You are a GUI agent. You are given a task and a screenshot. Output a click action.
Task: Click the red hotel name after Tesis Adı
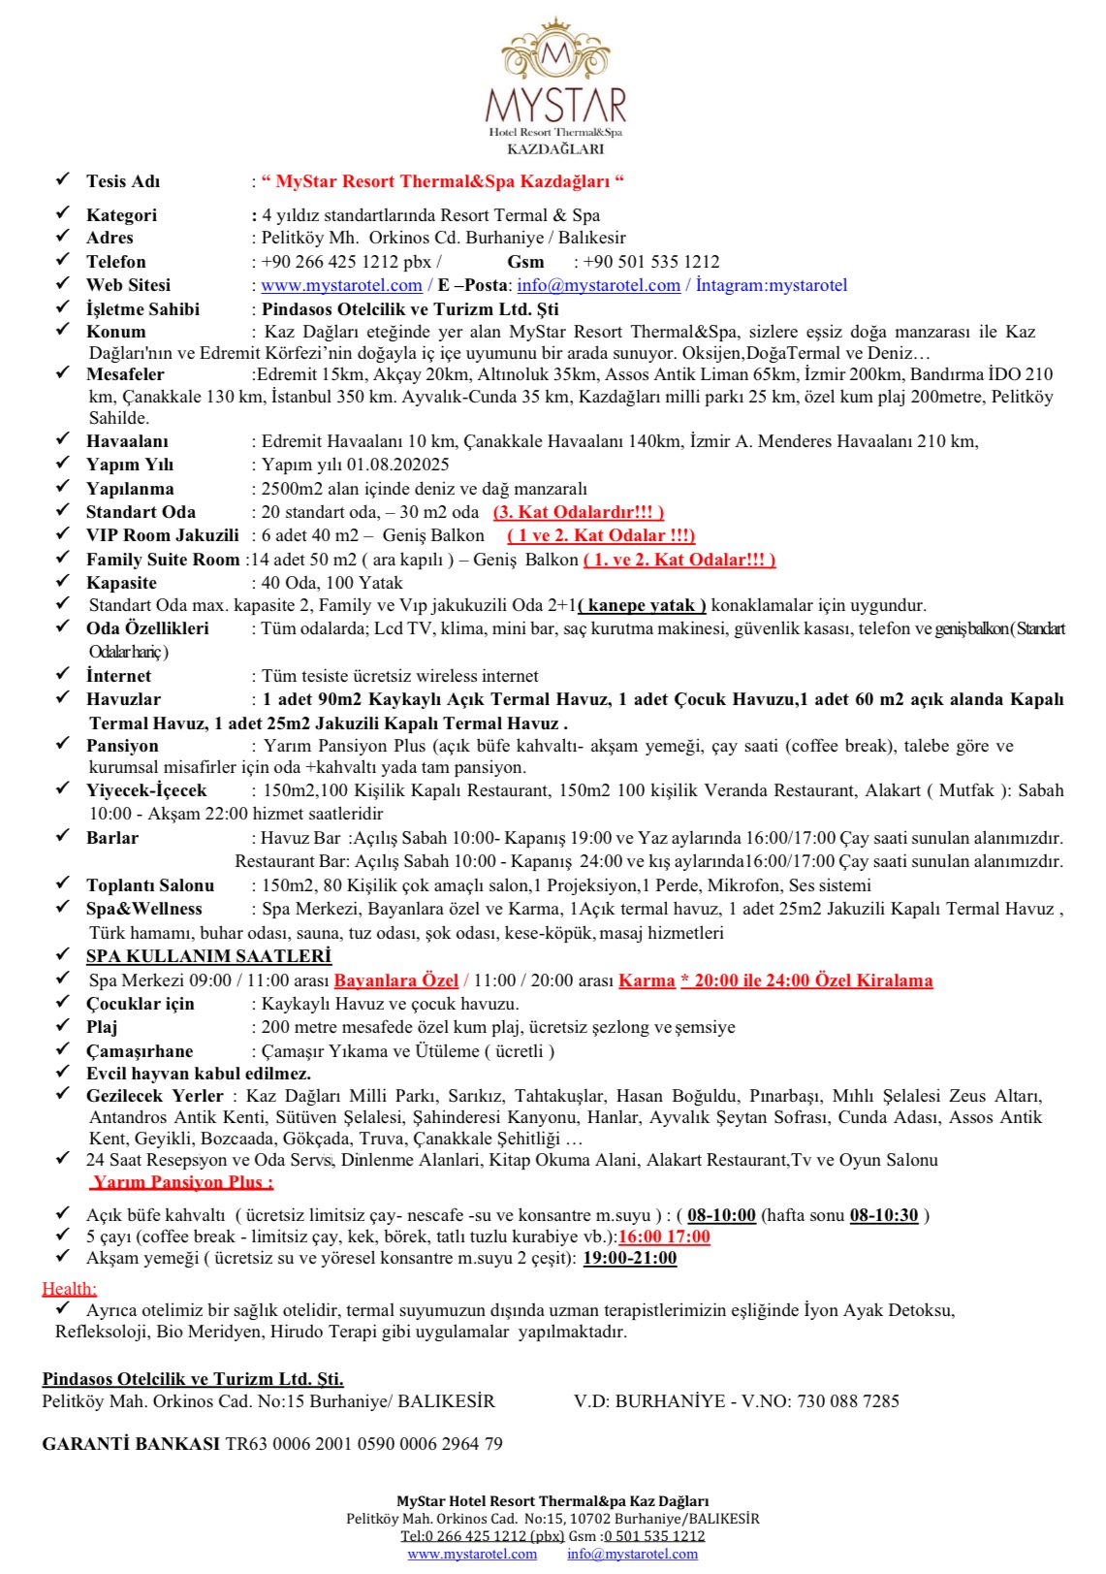[443, 181]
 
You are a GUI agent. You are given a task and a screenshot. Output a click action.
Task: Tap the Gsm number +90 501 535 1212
[651, 262]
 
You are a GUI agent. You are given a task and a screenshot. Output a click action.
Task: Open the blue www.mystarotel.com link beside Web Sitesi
[341, 285]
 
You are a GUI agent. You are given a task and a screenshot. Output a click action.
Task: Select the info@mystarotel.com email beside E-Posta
[598, 285]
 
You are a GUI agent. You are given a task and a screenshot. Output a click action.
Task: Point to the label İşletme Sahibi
[142, 309]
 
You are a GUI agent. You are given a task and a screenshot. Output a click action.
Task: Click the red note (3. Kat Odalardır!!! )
[579, 512]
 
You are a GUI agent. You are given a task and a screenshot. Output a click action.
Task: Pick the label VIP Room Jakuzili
[162, 535]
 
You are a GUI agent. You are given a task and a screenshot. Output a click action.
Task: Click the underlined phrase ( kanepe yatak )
[642, 605]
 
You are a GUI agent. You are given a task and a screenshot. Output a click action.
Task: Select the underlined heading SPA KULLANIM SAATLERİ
[208, 956]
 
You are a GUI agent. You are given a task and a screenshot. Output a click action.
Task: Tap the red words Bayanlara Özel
[395, 980]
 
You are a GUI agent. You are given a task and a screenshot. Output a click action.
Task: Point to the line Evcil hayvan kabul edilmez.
[199, 1074]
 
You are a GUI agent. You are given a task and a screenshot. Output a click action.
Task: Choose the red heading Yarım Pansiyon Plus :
[182, 1182]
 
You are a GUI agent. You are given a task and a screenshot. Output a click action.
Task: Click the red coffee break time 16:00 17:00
[664, 1237]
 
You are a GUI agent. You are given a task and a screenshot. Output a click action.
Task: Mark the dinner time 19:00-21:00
[629, 1259]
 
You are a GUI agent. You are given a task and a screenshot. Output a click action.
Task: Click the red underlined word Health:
[69, 1289]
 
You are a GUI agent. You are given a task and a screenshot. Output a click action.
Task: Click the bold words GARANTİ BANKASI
[131, 1444]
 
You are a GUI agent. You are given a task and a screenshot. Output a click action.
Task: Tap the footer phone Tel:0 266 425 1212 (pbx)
[482, 1536]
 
